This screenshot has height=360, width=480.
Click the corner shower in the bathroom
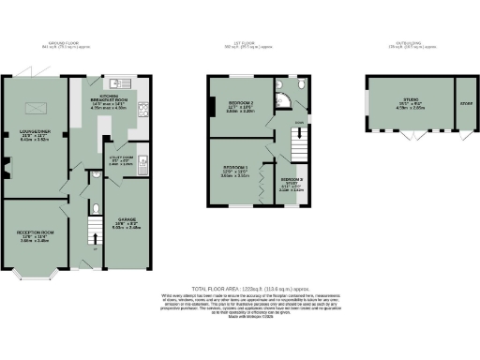click(x=282, y=86)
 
